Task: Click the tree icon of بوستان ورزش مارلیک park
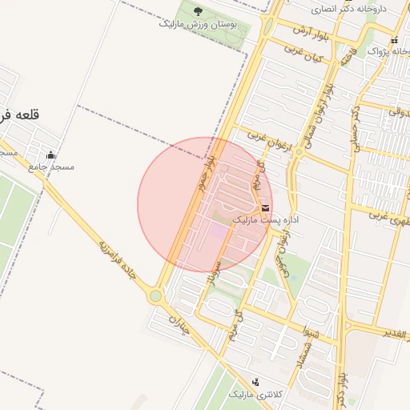(198, 11)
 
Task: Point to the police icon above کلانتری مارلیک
(255, 382)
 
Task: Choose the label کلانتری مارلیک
(256, 395)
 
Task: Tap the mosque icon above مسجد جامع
(52, 155)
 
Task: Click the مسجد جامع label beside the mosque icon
(50, 167)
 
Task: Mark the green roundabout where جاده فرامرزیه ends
(155, 296)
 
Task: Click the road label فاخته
(348, 56)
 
